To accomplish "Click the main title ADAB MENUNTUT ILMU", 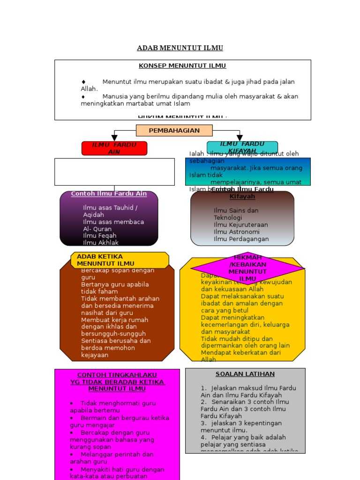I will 180,48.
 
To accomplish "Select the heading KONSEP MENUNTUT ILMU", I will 182,66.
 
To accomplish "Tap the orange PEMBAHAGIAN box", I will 174,130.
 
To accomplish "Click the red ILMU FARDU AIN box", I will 114,148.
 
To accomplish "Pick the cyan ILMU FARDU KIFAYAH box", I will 242,147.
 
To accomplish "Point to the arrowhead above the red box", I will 114,138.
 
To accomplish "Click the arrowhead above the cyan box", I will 240,138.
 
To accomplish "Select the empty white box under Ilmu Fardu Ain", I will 114,172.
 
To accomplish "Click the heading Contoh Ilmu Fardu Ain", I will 109,194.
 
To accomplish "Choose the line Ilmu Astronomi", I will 237,232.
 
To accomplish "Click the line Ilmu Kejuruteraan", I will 241,225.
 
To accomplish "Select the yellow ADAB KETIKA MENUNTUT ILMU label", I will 120,260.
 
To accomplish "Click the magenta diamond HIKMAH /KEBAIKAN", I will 247,268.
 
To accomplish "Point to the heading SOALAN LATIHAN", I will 245,374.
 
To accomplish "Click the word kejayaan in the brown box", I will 95,355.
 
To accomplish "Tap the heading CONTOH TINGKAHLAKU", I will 117,375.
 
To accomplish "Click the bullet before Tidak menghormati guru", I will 71,403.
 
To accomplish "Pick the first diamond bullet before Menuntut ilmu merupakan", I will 83,82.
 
